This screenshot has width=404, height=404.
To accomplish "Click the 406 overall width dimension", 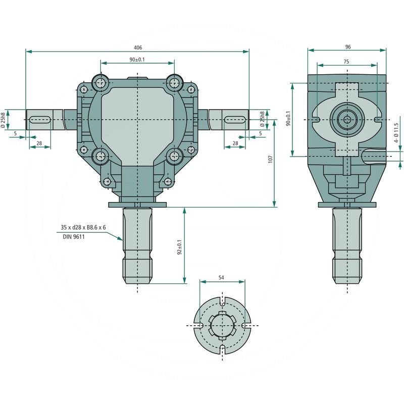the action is point(138,47).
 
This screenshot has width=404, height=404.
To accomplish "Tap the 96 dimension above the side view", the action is point(348,47).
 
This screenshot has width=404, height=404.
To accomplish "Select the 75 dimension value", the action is point(346,62).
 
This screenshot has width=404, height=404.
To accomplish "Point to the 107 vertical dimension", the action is point(270,159).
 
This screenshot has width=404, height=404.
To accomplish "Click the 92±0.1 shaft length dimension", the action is point(180,247).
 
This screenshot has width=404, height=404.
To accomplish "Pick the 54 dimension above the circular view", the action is point(221,277).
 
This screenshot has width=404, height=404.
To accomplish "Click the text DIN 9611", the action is point(74,236).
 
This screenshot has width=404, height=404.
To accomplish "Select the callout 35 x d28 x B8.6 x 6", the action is point(83,227).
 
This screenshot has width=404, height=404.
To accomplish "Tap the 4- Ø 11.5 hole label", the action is point(396,133).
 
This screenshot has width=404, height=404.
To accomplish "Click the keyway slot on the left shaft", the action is point(40,120).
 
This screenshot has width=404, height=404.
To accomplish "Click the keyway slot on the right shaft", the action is point(234,120).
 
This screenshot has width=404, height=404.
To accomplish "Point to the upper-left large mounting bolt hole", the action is point(100,83).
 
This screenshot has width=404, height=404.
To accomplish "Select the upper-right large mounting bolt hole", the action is point(174,83).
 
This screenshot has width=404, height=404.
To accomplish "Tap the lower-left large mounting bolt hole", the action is point(100,156).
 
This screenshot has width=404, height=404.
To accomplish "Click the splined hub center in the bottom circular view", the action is point(222,325).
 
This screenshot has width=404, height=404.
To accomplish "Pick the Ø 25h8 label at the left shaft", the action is point(3,120).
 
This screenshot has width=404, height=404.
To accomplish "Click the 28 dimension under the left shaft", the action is point(39,143).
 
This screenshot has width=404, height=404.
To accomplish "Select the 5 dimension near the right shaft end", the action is point(261,133).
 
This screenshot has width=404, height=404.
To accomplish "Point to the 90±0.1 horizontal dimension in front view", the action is point(137,60).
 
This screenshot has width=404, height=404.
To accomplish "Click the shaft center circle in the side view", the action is point(347,120).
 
